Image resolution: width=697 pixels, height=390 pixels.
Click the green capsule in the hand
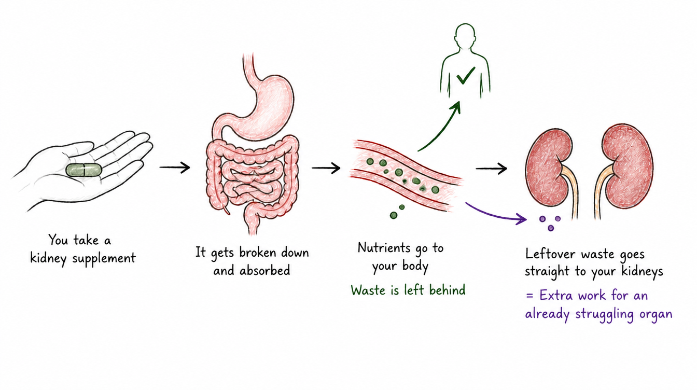83,170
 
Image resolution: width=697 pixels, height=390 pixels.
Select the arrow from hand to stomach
175,168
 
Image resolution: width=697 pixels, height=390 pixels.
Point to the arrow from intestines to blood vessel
326,168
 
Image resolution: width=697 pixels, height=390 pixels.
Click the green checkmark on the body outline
466,75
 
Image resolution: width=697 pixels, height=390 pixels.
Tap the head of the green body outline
465,34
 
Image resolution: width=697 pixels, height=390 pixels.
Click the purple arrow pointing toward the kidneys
495,215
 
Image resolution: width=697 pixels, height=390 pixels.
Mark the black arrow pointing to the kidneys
491,169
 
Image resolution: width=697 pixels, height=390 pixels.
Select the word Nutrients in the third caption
383,248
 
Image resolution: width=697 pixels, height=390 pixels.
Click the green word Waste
368,290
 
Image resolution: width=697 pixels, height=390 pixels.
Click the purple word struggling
604,314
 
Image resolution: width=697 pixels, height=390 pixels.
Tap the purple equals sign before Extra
529,296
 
